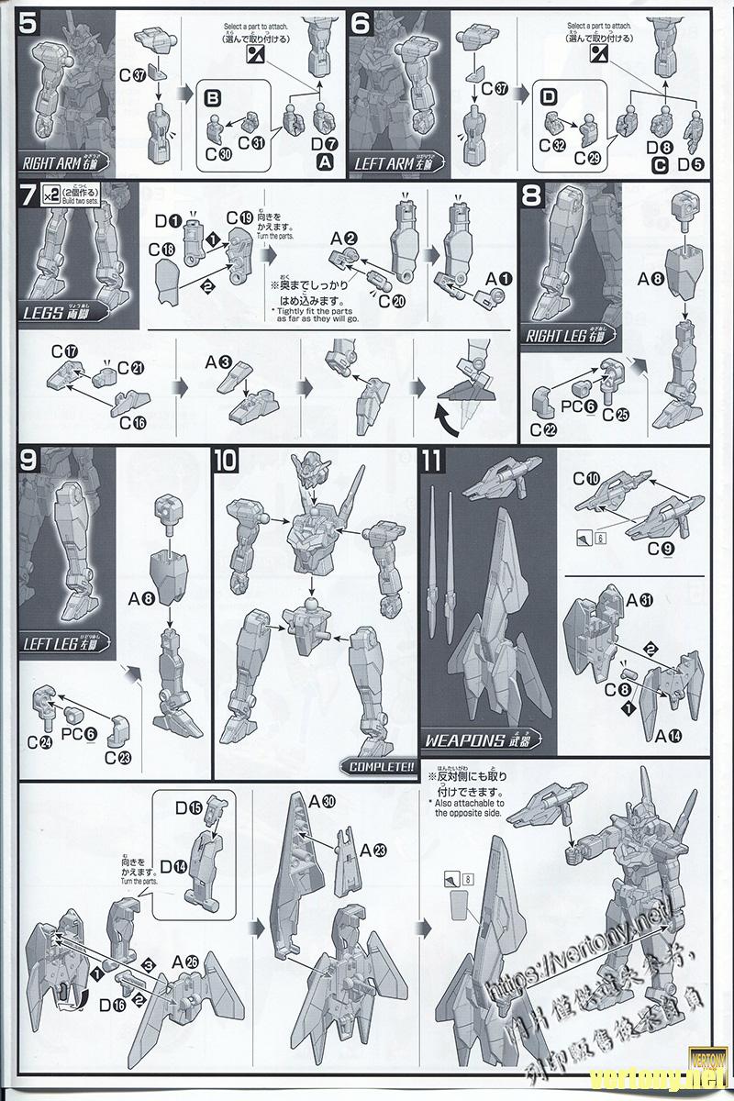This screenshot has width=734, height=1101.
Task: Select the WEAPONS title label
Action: [477, 740]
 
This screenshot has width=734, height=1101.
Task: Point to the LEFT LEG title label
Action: [63, 645]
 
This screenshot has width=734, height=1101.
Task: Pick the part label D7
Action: [324, 143]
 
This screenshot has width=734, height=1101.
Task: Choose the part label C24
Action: [39, 742]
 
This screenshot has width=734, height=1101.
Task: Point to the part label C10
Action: [586, 479]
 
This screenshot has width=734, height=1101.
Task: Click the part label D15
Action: [190, 807]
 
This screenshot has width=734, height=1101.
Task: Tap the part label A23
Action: [372, 851]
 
